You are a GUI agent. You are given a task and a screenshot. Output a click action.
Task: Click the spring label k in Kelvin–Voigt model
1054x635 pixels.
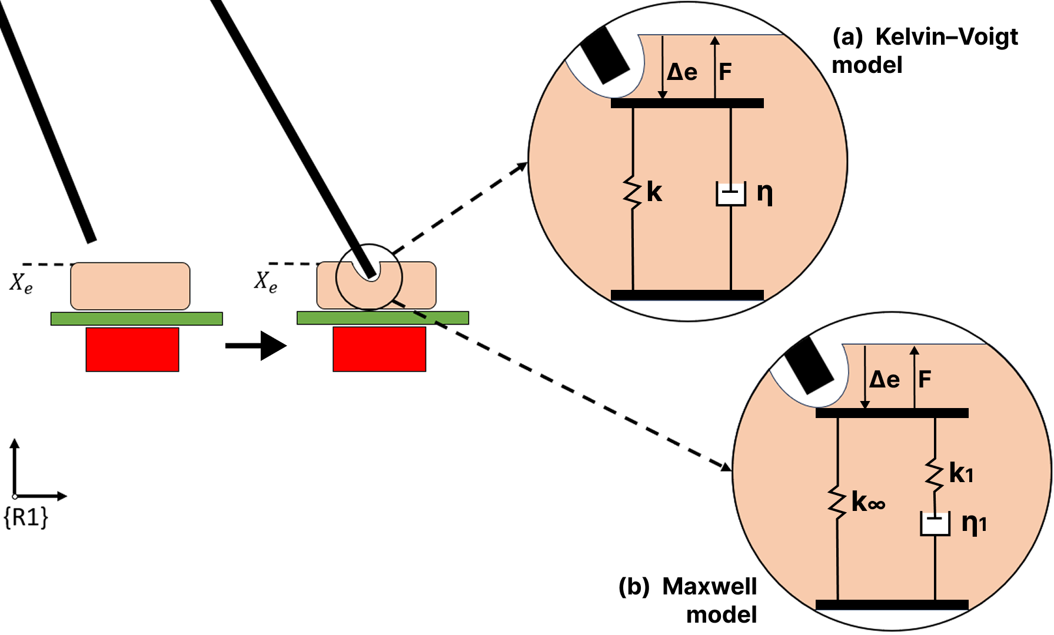pyautogui.click(x=654, y=192)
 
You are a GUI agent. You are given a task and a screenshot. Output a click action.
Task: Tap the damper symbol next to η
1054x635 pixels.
pyautogui.click(x=730, y=194)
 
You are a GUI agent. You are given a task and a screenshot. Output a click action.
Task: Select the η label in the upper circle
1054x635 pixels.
pyautogui.click(x=764, y=193)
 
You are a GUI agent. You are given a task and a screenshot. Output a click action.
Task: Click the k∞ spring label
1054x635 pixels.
pyautogui.click(x=868, y=502)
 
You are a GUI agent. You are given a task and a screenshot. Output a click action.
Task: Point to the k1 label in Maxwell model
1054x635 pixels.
pyautogui.click(x=961, y=473)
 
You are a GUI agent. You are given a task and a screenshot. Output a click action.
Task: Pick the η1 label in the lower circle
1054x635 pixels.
pyautogui.click(x=973, y=523)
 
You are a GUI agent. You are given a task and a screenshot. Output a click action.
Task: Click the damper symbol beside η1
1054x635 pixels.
pyautogui.click(x=935, y=523)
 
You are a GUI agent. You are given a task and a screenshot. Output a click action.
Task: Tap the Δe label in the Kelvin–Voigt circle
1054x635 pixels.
pyautogui.click(x=682, y=72)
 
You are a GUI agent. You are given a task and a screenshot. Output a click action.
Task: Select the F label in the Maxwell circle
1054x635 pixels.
pyautogui.click(x=925, y=379)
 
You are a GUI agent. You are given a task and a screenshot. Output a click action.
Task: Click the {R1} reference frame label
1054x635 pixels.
pyautogui.click(x=26, y=517)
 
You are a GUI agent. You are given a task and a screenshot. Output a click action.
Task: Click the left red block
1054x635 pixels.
pyautogui.click(x=132, y=349)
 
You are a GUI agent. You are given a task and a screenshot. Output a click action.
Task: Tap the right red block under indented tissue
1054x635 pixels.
pyautogui.click(x=379, y=349)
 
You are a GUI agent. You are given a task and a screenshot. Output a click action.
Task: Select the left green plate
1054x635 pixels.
pyautogui.click(x=137, y=319)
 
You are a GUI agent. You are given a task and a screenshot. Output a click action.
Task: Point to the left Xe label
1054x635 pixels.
pyautogui.click(x=21, y=283)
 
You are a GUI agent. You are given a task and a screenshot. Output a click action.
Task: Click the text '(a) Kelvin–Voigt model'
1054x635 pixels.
pyautogui.click(x=924, y=51)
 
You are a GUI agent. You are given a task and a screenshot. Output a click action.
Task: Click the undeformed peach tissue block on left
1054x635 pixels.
pyautogui.click(x=130, y=286)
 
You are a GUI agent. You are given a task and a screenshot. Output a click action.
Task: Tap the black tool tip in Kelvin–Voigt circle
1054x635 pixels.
pyautogui.click(x=605, y=55)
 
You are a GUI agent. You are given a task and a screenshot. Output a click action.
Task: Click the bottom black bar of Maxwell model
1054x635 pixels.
pyautogui.click(x=892, y=604)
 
